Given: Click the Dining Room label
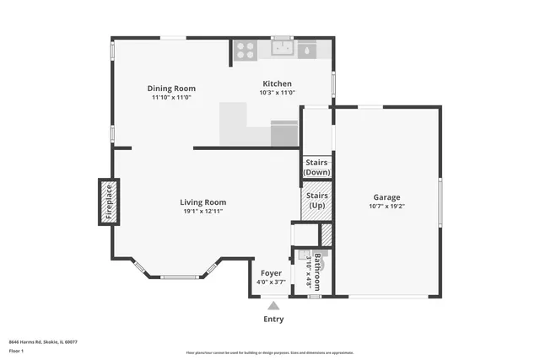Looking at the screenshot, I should click(171, 89).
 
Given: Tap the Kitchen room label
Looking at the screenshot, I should click(277, 83).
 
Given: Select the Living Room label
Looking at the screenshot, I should click(202, 202).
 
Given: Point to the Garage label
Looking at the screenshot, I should click(386, 197).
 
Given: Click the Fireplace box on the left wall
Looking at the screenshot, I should click(107, 201).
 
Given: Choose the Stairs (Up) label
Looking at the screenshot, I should click(316, 201).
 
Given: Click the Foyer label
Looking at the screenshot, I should click(271, 273).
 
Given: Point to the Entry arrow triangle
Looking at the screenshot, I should click(273, 306).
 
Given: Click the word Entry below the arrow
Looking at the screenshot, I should click(273, 320).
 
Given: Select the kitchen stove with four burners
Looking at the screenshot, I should click(246, 50).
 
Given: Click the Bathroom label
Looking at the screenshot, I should click(317, 270).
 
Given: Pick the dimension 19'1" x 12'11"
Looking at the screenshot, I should click(202, 212).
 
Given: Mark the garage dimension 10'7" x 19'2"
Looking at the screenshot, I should click(386, 207).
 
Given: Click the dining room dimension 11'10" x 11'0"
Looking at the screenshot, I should click(171, 98).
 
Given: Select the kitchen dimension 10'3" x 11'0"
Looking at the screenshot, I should click(277, 93).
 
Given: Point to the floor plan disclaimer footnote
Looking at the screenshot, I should click(270, 352).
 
